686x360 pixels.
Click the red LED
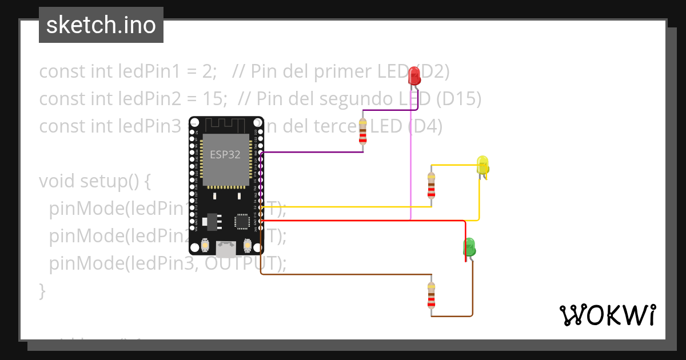click(x=414, y=74)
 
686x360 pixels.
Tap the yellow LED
click(x=482, y=165)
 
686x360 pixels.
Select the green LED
click(x=469, y=247)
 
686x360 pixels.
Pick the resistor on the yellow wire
click(x=431, y=185)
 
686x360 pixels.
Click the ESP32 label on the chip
click(x=225, y=155)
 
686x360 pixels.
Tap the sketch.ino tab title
click(x=101, y=25)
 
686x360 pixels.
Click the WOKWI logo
click(x=607, y=315)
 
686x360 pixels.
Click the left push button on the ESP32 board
click(x=205, y=246)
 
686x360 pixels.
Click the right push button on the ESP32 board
click(x=248, y=246)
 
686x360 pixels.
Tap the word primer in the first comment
click(x=342, y=71)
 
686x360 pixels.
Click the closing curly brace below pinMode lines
click(x=42, y=291)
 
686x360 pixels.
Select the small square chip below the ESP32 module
click(x=241, y=221)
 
